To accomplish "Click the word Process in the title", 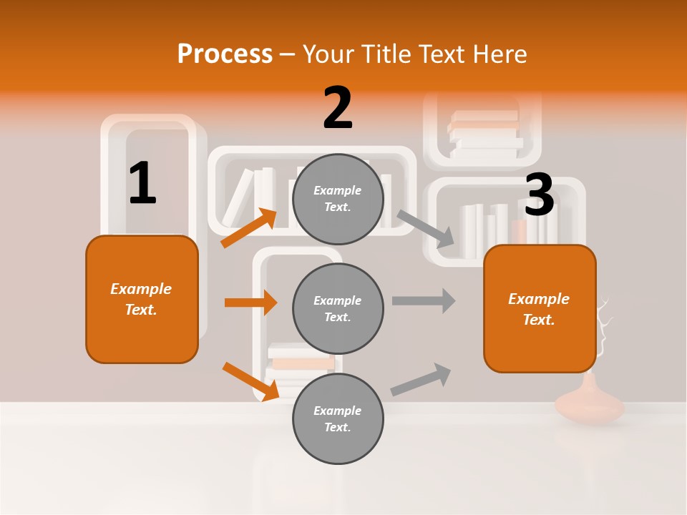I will point(225,54).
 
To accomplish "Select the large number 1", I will point(142,183).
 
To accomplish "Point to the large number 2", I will point(338,108).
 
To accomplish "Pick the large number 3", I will point(539,195).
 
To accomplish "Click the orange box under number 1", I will point(142,299).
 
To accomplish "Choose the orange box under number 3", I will point(540,309).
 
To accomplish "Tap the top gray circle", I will point(338,199).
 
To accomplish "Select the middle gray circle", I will point(338,308).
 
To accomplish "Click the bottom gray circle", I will point(338,418).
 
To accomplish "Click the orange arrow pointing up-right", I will point(249,227).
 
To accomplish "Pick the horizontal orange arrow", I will point(250,303).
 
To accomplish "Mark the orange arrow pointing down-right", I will point(250,381).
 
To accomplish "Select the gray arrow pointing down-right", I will point(426,229).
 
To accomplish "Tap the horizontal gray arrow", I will point(424,300).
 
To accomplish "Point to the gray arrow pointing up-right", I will point(422,379).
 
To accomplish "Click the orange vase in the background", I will point(590,403).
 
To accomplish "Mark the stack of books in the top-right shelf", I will point(485,134).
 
